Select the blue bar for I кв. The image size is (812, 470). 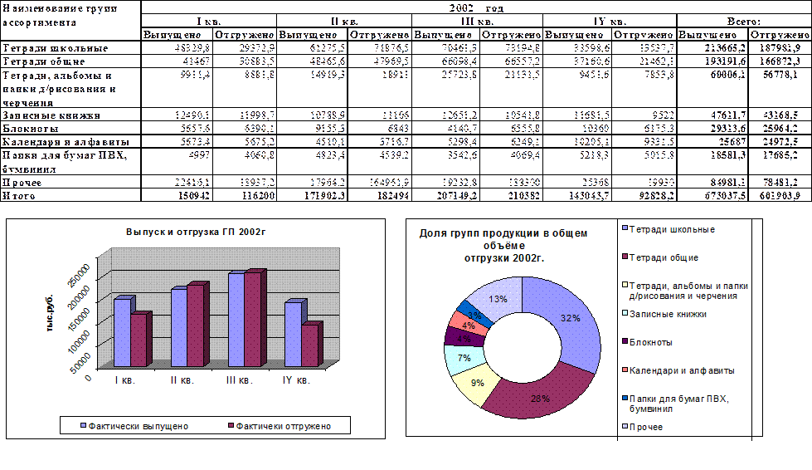(122, 332)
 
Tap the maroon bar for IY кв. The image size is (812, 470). (309, 344)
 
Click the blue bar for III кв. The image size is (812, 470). (236, 320)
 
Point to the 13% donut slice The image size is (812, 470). (494, 297)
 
